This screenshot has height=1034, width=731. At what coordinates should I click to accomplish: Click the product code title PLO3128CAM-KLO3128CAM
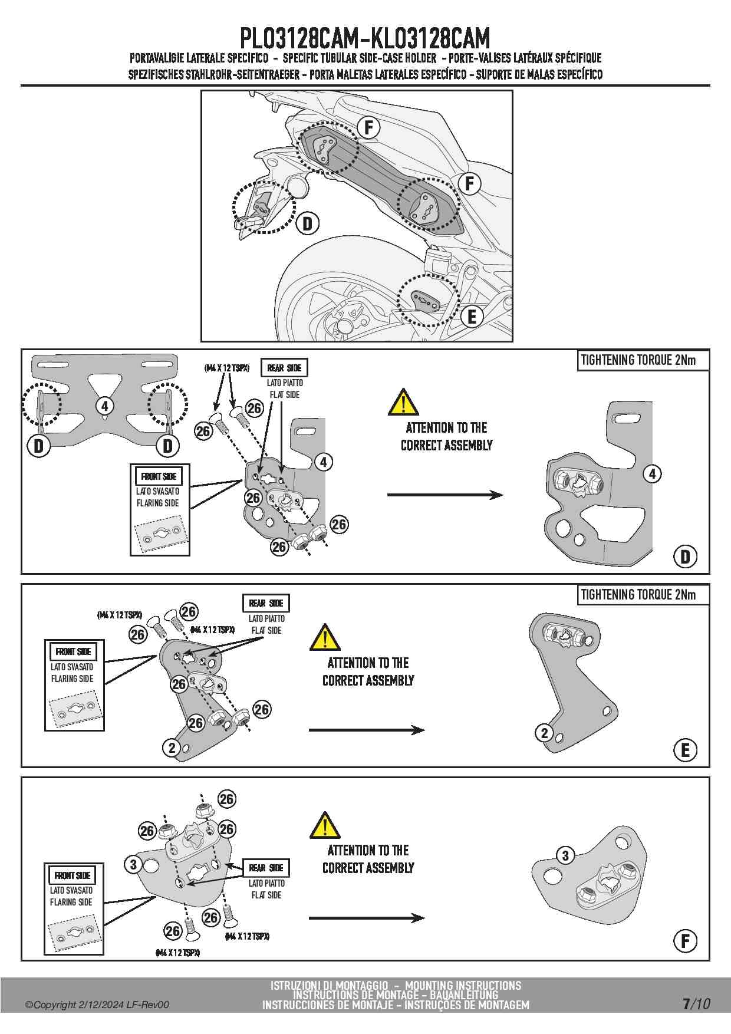click(x=365, y=39)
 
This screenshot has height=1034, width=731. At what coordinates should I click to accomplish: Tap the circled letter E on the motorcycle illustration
click(x=472, y=317)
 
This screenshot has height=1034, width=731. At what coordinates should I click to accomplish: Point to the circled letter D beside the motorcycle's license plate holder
click(x=308, y=224)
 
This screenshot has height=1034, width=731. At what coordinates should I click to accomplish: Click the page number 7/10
click(x=696, y=1003)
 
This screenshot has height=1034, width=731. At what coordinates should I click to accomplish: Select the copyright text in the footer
click(x=97, y=1005)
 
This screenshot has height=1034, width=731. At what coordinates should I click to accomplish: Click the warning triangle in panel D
click(x=403, y=403)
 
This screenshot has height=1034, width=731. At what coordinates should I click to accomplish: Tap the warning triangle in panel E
click(x=324, y=637)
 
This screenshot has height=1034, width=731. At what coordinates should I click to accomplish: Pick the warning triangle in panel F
click(x=324, y=825)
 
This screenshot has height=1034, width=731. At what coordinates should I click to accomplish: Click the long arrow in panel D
click(x=445, y=495)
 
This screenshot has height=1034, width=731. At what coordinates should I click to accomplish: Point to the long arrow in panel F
click(x=366, y=918)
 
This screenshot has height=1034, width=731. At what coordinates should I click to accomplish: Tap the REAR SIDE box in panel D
click(x=284, y=368)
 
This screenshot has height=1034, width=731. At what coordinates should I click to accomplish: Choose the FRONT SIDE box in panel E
click(x=74, y=651)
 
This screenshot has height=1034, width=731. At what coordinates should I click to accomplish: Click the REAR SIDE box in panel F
click(x=266, y=868)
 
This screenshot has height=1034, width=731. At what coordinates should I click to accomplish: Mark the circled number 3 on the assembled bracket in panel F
click(x=565, y=855)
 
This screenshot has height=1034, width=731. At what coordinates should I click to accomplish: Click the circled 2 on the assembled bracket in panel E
click(x=544, y=733)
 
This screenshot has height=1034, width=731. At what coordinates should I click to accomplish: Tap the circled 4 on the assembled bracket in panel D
click(x=652, y=473)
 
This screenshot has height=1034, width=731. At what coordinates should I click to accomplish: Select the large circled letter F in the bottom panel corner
click(x=685, y=940)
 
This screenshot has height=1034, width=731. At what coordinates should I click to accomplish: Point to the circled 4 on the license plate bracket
click(x=104, y=406)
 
